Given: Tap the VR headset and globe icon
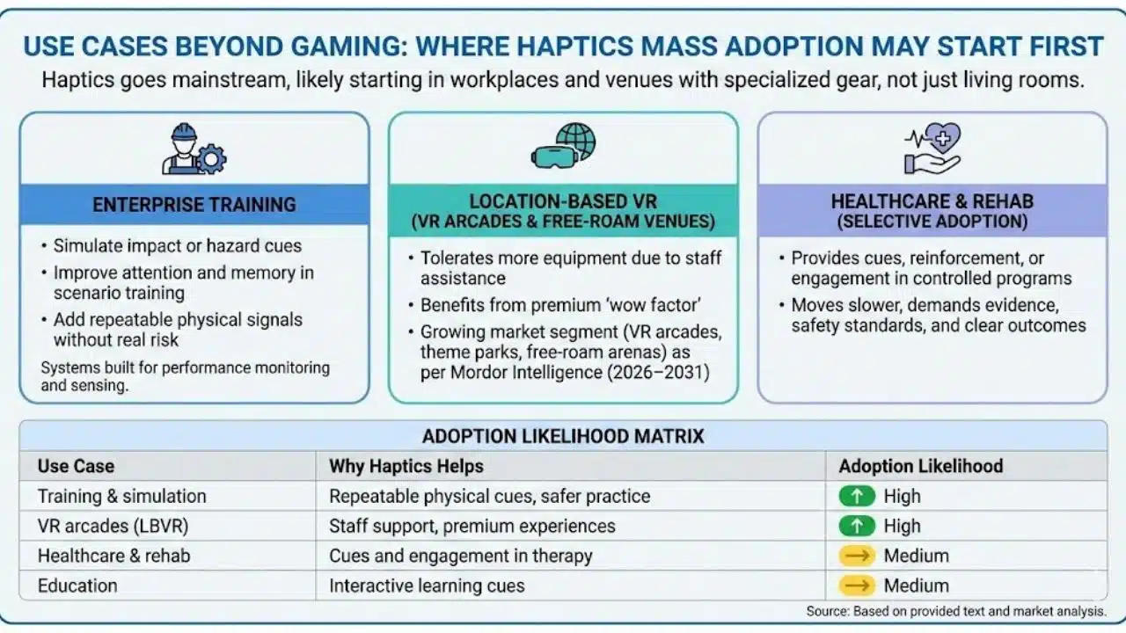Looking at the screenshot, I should coord(563,146).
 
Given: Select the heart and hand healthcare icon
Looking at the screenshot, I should coord(932,148).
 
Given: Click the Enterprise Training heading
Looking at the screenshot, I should coord(194,205).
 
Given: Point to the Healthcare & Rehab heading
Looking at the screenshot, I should coord(932,211).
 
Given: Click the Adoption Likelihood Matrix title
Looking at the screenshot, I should coord(563,436).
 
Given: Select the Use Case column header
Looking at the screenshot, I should coord(76,466).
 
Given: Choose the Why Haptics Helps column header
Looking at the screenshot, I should coord(406,466).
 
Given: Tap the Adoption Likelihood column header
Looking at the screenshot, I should coord(920,466).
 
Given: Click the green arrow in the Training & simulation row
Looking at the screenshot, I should coord(857,496).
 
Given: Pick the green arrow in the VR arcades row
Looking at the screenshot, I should coord(857,526).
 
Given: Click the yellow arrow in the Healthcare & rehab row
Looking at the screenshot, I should coord(857,556).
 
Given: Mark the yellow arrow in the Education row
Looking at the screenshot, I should coord(857,586).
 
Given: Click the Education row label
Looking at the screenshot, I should coord(77,586).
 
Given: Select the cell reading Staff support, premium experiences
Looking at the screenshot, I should coord(472,526).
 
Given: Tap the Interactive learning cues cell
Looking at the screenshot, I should coord(427,586).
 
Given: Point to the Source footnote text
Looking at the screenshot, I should coord(956,611).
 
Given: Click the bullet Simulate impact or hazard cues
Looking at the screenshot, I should coord(177,246).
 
